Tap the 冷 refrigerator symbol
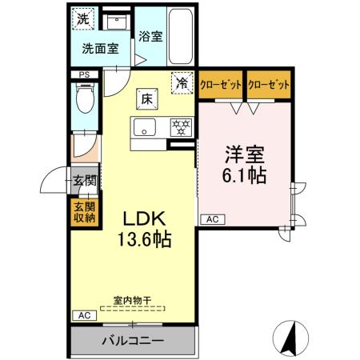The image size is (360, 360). (182, 82)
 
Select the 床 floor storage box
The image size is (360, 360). (147, 98)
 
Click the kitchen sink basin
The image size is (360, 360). (144, 126)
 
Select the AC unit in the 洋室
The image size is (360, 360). (212, 218)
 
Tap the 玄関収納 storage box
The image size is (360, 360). (84, 211)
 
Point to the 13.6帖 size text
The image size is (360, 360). (144, 239)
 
